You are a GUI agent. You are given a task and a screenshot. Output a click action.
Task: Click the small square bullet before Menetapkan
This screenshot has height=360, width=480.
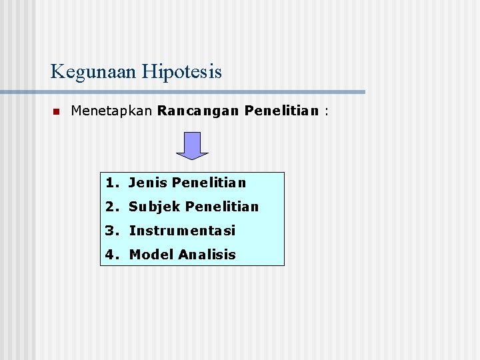click(56, 111)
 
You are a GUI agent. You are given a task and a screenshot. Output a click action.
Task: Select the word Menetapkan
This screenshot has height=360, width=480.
click(112, 111)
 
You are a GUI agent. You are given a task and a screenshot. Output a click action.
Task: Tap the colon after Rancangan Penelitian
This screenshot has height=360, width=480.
click(327, 111)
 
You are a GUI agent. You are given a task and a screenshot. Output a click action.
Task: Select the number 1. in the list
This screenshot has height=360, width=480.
click(112, 182)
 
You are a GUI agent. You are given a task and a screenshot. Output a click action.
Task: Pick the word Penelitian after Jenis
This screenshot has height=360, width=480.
click(209, 182)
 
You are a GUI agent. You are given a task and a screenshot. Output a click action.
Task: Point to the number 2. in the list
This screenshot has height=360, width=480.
click(112, 207)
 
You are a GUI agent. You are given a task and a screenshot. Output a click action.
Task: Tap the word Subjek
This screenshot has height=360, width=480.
click(155, 207)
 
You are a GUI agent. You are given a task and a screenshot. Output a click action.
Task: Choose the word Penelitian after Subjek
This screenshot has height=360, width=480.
click(222, 207)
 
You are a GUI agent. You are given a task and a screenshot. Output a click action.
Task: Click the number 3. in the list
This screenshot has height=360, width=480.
click(112, 231)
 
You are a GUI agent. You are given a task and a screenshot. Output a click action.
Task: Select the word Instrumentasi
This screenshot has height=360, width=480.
click(182, 231)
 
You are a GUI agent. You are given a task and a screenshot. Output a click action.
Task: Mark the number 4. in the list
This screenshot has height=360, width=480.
click(112, 255)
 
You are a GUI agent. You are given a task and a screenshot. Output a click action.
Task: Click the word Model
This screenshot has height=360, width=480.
click(148, 255)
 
